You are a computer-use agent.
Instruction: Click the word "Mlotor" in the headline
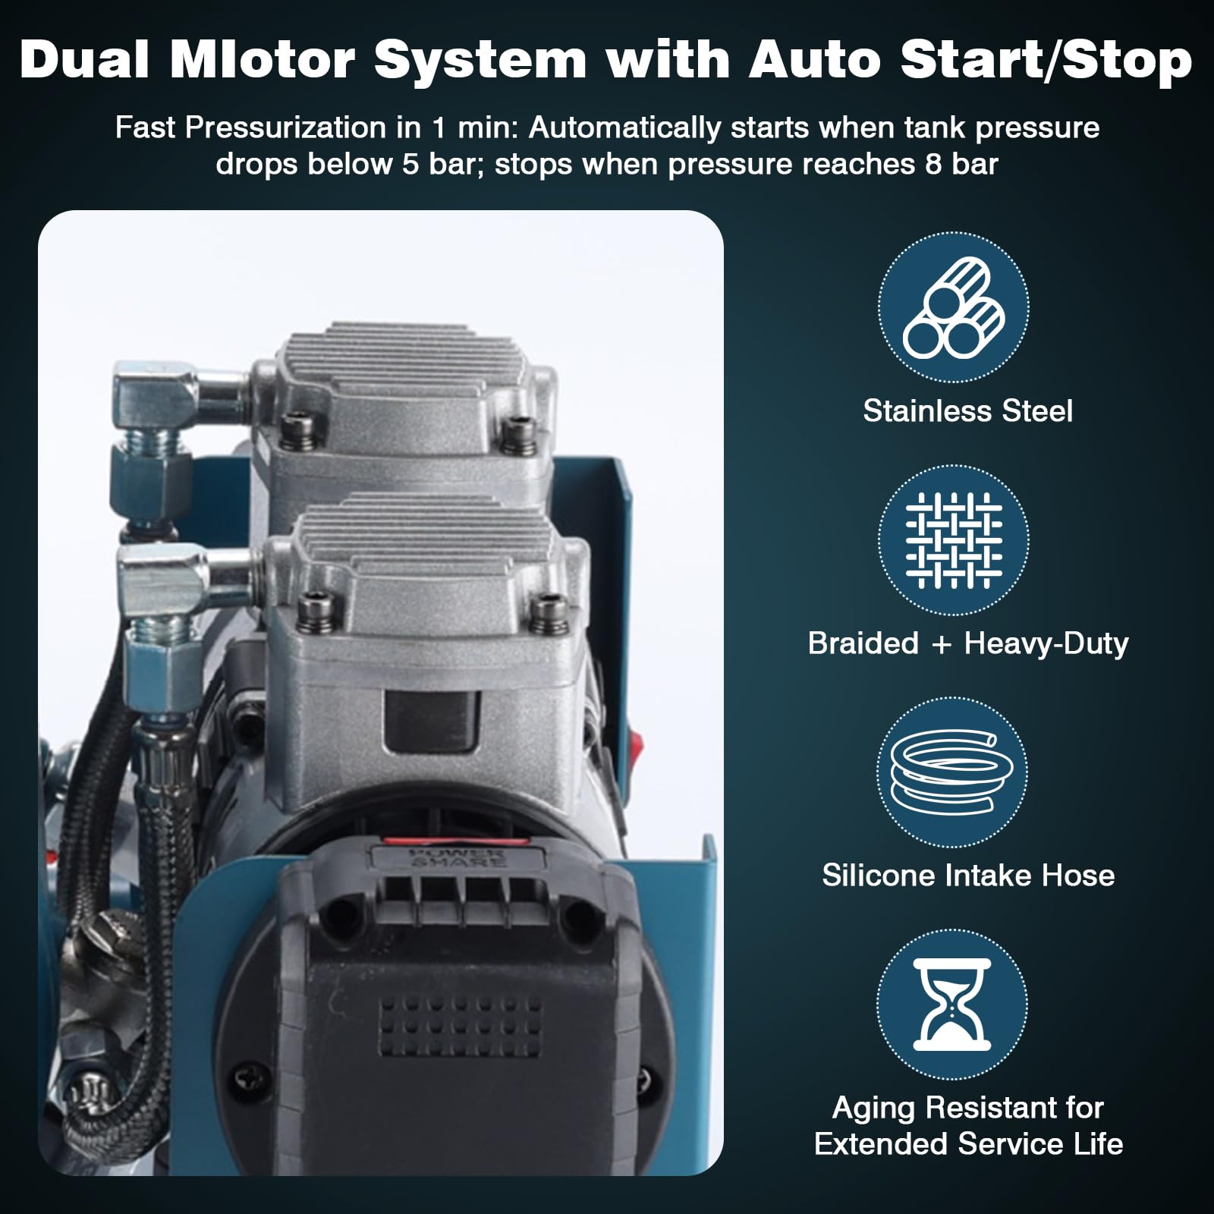pos(263,59)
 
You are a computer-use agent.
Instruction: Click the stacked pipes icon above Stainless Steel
pos(954,307)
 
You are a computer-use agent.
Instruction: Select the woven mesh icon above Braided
pos(954,540)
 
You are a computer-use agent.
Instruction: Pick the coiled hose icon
pos(952,772)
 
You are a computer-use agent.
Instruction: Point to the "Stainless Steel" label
pos(968,410)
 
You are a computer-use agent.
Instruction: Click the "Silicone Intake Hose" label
pos(969,875)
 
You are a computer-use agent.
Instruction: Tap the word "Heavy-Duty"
pos(1046,643)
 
